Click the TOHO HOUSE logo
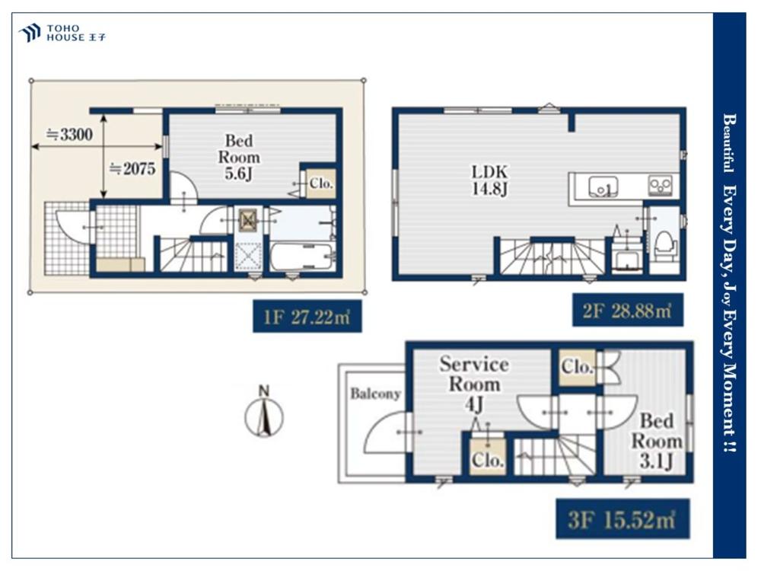62,33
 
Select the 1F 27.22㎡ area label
307,317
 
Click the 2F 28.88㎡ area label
628,310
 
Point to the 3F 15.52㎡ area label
622,519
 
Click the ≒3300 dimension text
69,134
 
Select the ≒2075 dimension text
132,168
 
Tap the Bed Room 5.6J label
239,157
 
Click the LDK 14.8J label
489,180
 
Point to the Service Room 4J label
474,384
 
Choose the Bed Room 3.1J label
656,441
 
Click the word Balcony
376,394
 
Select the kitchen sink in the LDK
603,187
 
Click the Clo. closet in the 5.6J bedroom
321,183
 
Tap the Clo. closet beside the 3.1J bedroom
577,367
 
